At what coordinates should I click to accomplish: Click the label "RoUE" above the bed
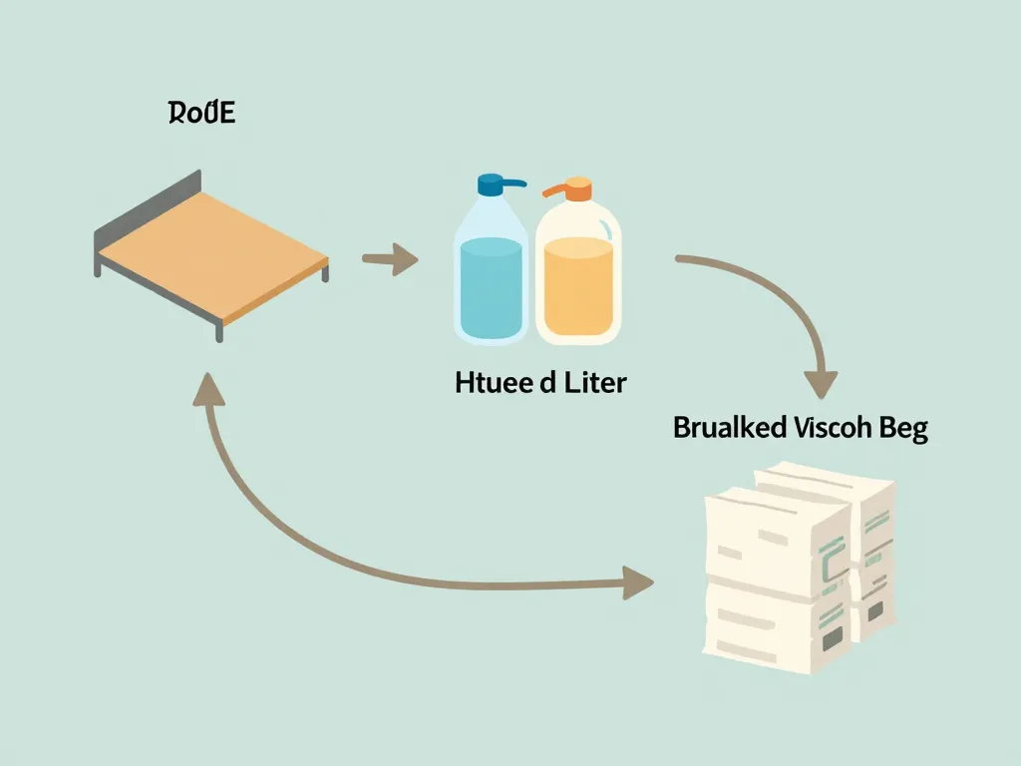[x=201, y=114]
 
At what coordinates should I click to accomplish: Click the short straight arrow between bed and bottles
[x=389, y=261]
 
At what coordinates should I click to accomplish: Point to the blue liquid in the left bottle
[x=491, y=289]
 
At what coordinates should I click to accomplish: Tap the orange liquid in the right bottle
[x=577, y=289]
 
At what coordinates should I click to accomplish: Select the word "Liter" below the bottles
[x=591, y=382]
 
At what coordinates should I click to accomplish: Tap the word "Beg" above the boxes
[x=903, y=430]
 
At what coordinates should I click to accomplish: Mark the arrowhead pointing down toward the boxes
[x=820, y=383]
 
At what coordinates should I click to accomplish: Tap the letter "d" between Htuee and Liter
[x=548, y=382]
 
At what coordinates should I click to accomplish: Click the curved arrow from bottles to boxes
[x=768, y=289]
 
